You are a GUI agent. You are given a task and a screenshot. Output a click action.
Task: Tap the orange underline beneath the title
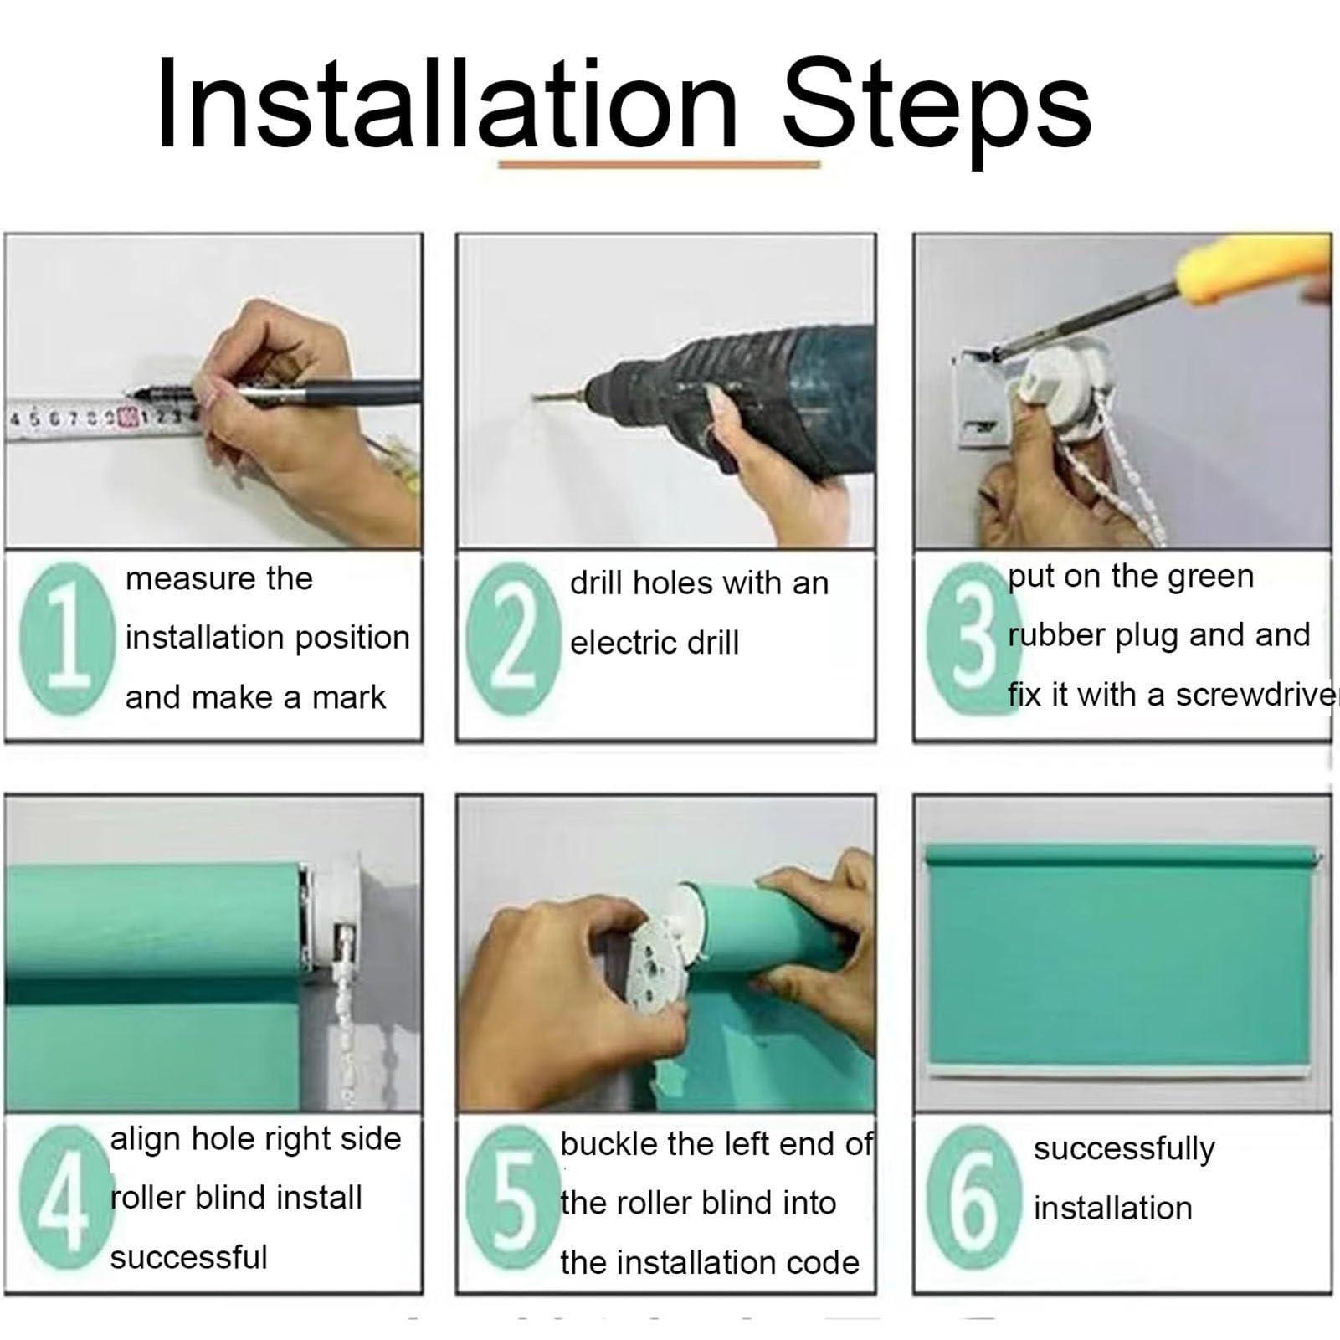pos(660,165)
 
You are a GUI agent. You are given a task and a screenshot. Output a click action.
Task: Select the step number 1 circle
pos(67,639)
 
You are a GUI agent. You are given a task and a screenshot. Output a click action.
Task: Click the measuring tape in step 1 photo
pos(100,416)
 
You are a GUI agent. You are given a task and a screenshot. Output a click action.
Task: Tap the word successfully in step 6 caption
pos(1124,1150)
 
